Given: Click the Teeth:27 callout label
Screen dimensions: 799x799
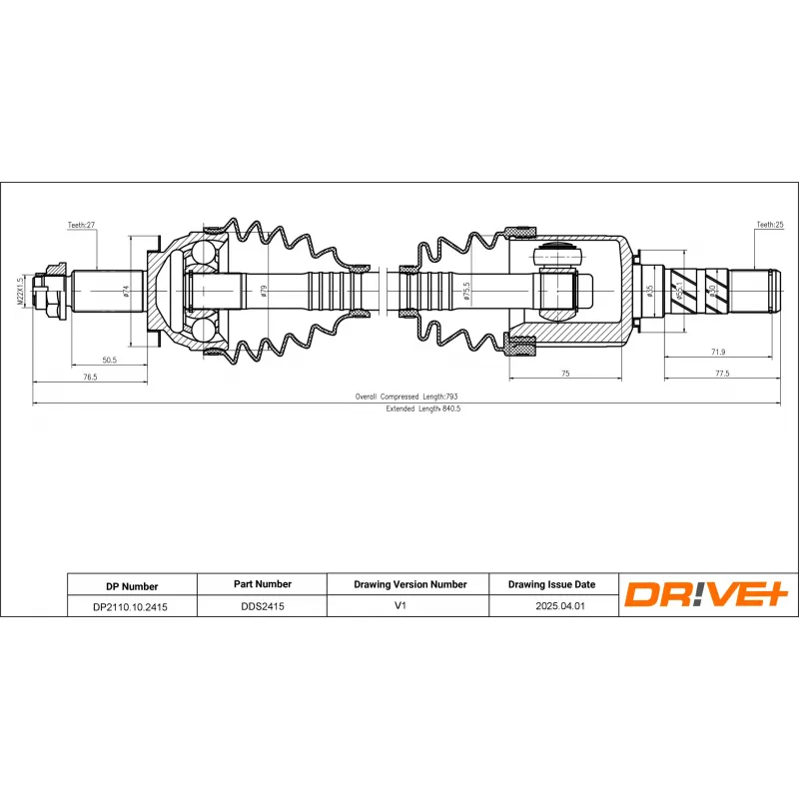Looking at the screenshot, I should click(81, 227).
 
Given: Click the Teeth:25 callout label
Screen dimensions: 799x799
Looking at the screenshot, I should click(770, 227).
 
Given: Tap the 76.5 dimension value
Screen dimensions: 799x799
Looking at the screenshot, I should click(90, 377).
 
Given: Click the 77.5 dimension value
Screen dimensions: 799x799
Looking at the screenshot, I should click(722, 373).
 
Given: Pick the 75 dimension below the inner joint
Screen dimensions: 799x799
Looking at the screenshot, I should click(564, 373).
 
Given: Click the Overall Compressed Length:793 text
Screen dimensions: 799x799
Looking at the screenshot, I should click(405, 397).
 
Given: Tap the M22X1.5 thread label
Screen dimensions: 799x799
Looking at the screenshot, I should click(20, 292).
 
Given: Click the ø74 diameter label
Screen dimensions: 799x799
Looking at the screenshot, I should click(126, 291).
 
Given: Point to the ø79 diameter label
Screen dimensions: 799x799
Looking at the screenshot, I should click(264, 292).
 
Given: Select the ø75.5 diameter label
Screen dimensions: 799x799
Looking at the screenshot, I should click(465, 291).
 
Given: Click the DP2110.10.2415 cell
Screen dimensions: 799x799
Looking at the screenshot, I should click(131, 605).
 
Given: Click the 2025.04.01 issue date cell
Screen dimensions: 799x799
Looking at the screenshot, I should click(552, 605).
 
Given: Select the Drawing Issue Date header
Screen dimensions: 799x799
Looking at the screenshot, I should click(552, 584).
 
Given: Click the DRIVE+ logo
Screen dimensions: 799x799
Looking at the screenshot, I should click(707, 594).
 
